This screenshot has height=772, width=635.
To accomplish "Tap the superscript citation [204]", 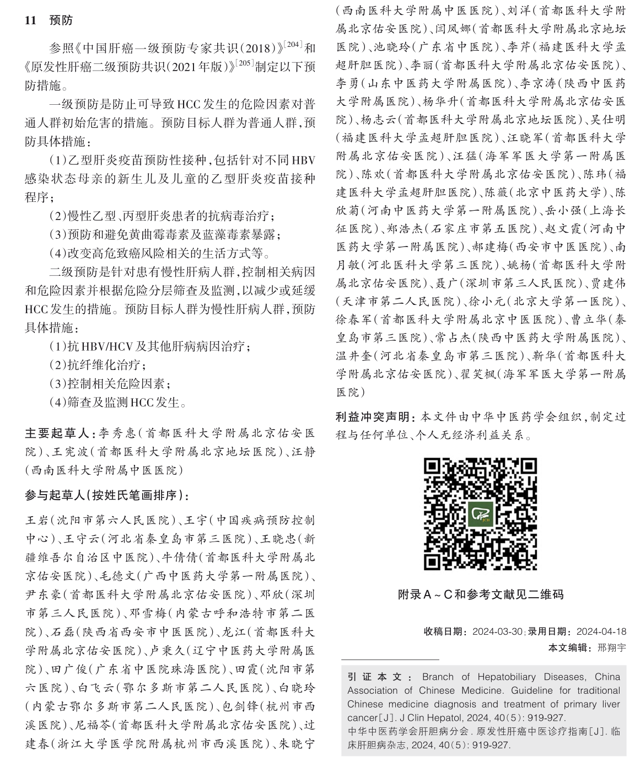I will click(x=293, y=43).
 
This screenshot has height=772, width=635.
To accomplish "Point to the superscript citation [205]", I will click(x=245, y=62).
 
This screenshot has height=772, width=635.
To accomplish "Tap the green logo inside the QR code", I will click(x=480, y=514).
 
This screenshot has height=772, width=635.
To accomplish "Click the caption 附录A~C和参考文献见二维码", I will click(x=480, y=595).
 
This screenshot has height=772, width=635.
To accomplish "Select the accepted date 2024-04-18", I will click(x=601, y=632).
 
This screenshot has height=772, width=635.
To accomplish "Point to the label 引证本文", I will click(x=380, y=677).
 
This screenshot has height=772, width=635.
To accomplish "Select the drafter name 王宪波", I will click(x=69, y=452).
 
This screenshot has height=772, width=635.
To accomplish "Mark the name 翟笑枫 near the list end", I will click(x=477, y=374).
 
